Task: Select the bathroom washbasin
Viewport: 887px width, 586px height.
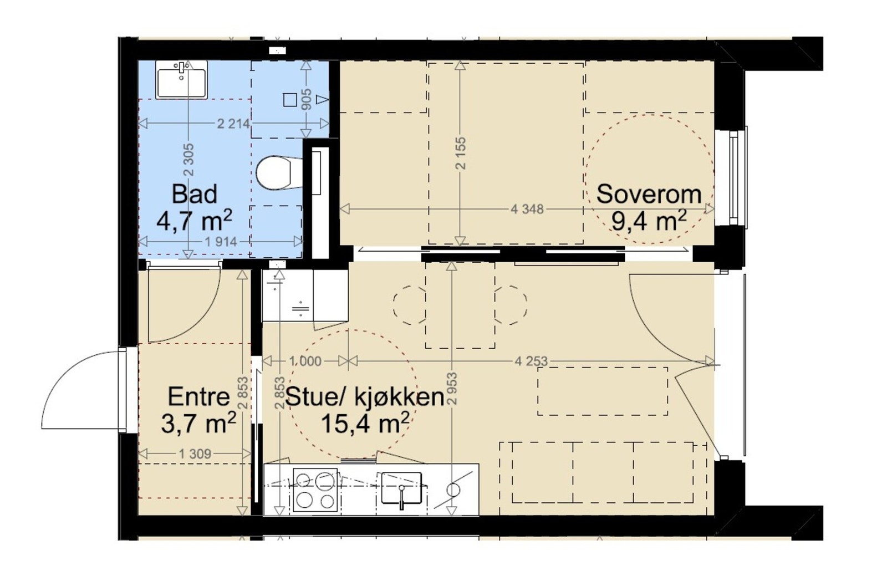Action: click(181, 80)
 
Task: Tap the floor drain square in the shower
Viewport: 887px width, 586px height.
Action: click(289, 100)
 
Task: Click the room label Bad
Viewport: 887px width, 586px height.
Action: click(194, 195)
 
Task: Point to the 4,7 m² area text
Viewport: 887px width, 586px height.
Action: click(193, 221)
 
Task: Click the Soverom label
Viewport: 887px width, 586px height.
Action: click(649, 195)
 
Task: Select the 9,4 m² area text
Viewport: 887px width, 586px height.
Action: click(649, 221)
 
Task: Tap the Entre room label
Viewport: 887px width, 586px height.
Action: click(198, 397)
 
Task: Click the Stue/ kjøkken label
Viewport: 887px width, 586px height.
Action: click(364, 397)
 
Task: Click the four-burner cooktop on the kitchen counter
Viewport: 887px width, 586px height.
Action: click(315, 491)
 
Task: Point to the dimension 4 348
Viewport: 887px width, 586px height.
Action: click(527, 210)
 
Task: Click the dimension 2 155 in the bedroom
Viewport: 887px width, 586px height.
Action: click(461, 154)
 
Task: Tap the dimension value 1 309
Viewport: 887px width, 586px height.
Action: click(195, 454)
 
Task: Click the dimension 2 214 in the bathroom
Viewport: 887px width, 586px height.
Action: click(233, 124)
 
